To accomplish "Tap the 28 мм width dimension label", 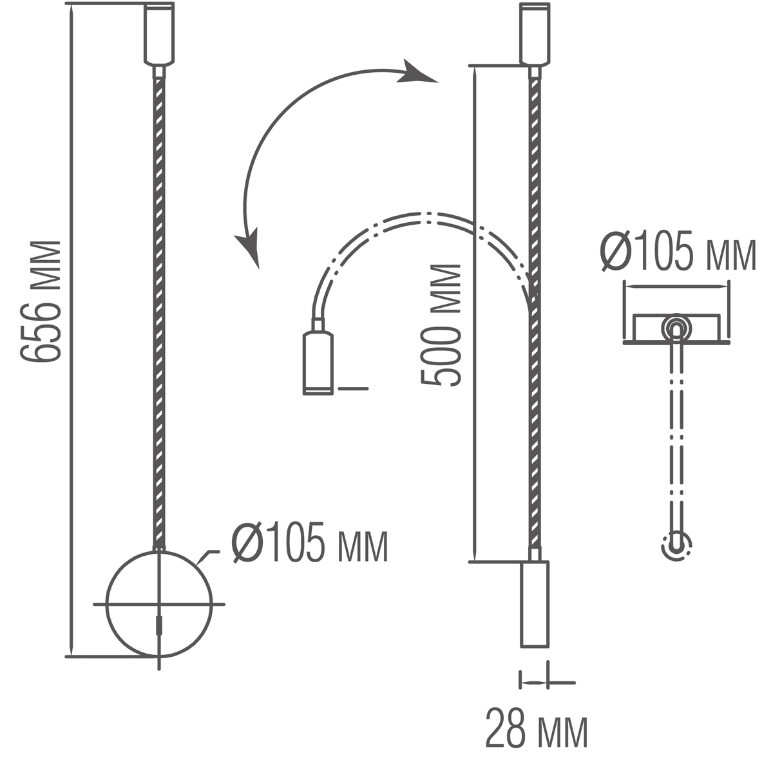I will [536, 728].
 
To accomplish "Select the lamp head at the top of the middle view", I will [535, 33].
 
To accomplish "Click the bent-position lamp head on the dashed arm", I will [318, 361].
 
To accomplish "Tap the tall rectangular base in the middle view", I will [534, 603].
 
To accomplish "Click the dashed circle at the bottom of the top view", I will [676, 546].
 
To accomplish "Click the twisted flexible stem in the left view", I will [159, 309].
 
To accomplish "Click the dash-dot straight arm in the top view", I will [676, 438].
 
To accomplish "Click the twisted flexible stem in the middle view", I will [534, 386].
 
